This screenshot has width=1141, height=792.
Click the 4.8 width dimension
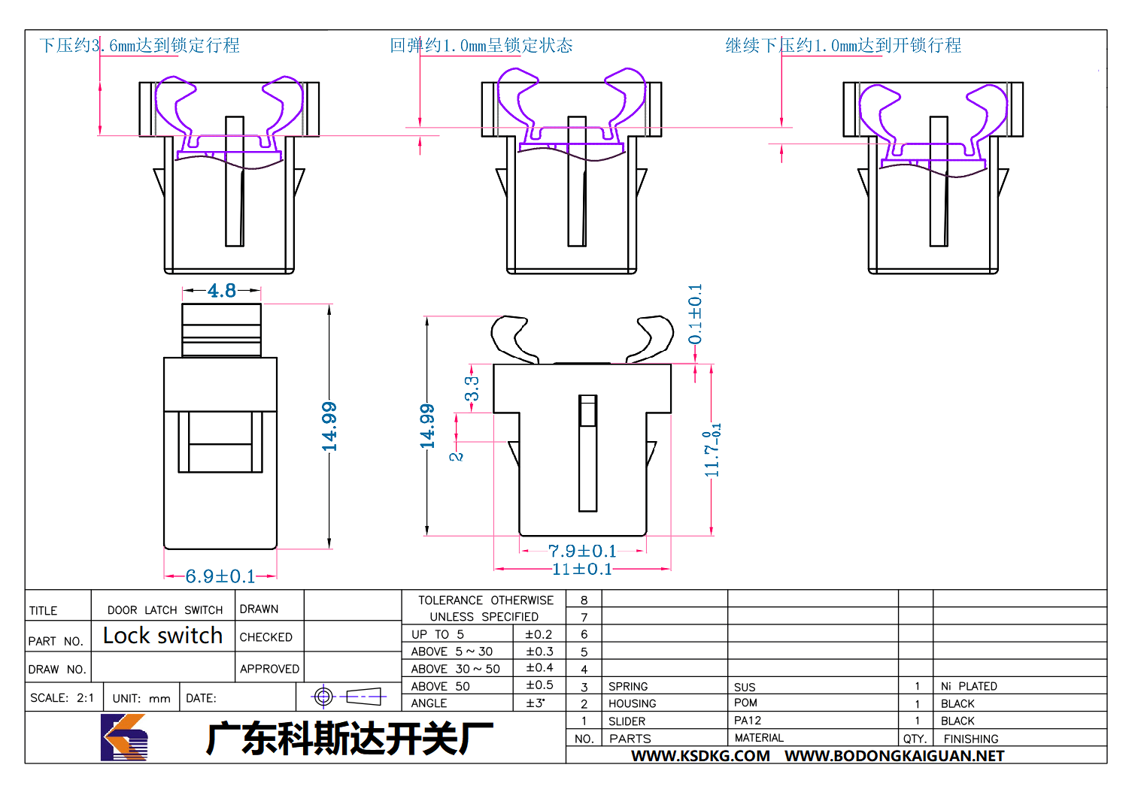(222, 291)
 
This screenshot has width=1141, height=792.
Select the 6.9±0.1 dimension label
(220, 576)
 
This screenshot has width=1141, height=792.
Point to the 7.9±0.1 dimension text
(582, 551)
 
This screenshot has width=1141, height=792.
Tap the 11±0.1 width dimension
(582, 569)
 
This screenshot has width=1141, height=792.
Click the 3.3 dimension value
(472, 388)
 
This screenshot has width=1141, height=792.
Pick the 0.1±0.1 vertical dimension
(695, 314)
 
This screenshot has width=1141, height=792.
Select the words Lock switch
(162, 635)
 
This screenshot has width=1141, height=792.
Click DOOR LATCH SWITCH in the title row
(165, 609)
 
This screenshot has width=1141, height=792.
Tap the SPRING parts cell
(628, 686)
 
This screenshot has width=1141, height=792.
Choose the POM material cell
(745, 703)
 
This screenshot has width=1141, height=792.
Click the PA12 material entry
(747, 720)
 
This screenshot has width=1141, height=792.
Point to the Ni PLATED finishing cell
(969, 686)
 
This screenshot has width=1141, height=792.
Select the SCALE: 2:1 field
(62, 697)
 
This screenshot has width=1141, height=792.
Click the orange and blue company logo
(124, 737)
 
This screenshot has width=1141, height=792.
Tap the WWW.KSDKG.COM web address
(700, 756)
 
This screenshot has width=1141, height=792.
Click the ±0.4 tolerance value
(539, 668)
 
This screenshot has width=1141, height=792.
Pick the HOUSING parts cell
(632, 703)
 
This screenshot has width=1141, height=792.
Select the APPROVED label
(269, 669)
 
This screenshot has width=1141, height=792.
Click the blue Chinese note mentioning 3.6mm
(140, 45)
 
